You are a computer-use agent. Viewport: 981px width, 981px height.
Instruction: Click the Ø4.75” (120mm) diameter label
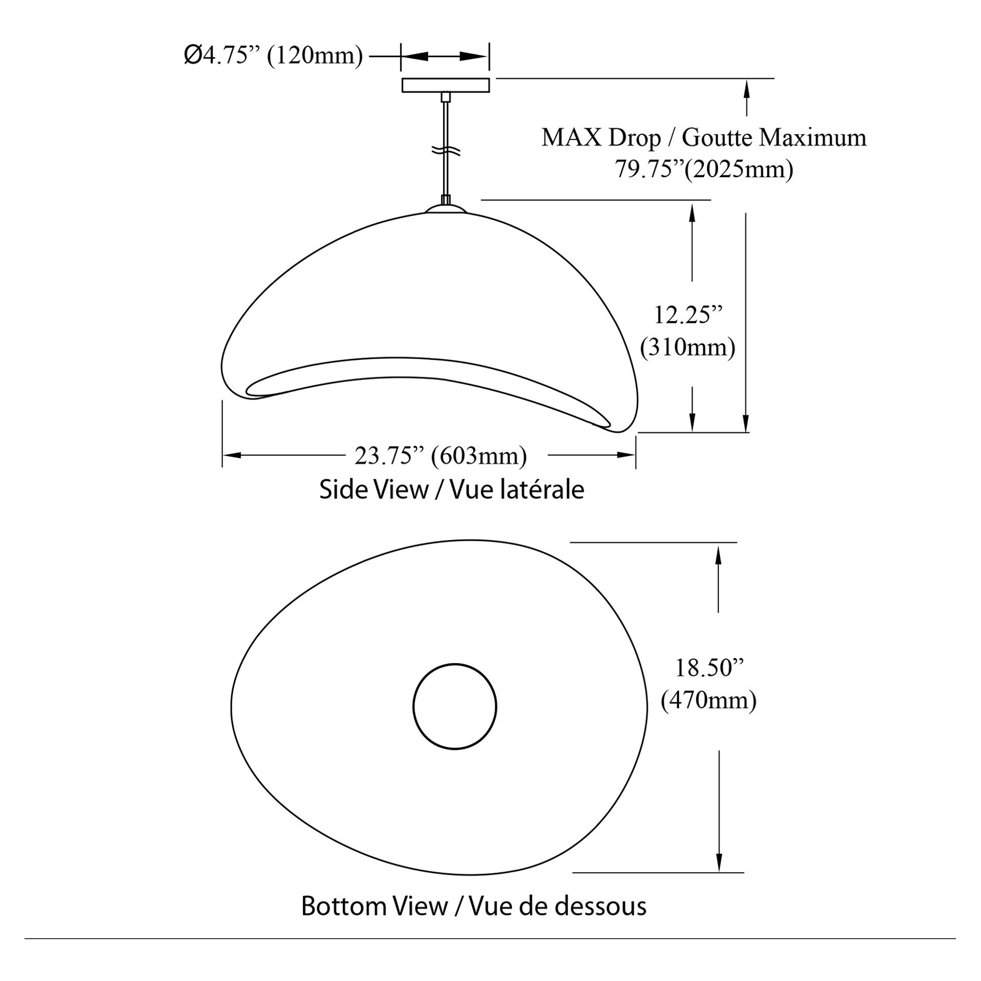tap(273, 55)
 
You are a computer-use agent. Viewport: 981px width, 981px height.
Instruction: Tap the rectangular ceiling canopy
tap(446, 85)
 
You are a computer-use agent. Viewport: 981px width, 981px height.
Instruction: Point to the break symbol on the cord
tap(446, 151)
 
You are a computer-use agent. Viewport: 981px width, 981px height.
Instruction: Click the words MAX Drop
tap(601, 138)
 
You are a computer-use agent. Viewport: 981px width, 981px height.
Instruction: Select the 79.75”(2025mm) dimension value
tap(704, 169)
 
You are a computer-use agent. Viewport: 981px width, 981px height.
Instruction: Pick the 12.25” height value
tap(689, 315)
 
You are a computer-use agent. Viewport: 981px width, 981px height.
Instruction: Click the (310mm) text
tap(688, 347)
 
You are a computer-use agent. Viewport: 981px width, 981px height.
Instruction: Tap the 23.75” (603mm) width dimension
tap(440, 456)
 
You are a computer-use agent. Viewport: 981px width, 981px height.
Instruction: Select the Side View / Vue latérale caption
tap(452, 489)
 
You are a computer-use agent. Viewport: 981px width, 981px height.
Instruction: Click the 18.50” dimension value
tap(709, 667)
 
